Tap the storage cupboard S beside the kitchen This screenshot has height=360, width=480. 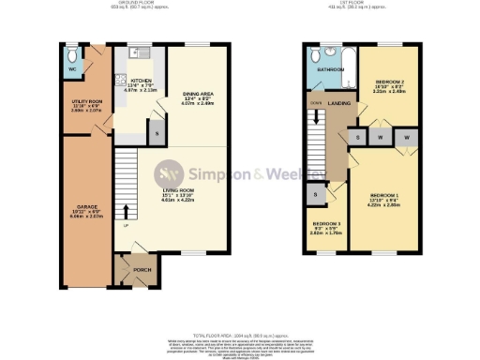click(156, 134)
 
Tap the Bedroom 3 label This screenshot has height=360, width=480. click(326, 225)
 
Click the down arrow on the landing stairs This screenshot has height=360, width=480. click(317, 116)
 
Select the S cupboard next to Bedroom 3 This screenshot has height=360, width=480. click(316, 194)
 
